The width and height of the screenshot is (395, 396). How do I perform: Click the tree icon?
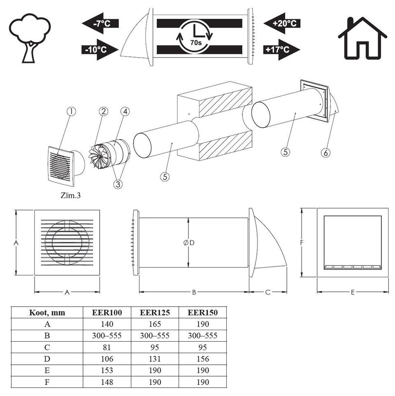click(x=30, y=38)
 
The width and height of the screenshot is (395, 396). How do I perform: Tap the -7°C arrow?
click(x=100, y=23)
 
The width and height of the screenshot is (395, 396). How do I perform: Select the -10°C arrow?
click(x=100, y=49)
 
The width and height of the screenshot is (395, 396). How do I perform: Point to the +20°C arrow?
click(x=282, y=23)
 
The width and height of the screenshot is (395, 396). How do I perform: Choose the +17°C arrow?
click(x=282, y=49)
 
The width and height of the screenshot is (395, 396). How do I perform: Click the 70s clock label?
click(x=196, y=42)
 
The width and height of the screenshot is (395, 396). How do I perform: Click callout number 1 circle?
click(x=72, y=112)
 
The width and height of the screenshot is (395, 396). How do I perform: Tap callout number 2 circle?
click(x=104, y=112)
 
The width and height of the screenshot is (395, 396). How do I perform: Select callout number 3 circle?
click(x=118, y=184)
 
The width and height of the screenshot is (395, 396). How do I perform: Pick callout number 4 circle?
click(x=125, y=112)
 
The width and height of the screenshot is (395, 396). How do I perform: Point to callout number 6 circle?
click(x=325, y=153)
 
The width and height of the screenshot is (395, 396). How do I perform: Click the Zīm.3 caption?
click(x=70, y=195)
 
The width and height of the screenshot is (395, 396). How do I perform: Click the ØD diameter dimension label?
click(x=189, y=243)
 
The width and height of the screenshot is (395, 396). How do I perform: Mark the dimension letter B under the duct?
click(x=194, y=292)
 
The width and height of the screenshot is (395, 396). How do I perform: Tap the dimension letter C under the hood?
click(x=268, y=292)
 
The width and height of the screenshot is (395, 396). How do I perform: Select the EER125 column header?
click(x=155, y=312)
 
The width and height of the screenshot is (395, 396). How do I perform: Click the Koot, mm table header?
click(x=47, y=312)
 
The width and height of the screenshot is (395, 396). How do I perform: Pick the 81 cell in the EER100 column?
click(x=107, y=347)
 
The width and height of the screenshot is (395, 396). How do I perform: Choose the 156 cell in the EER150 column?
click(x=203, y=359)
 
